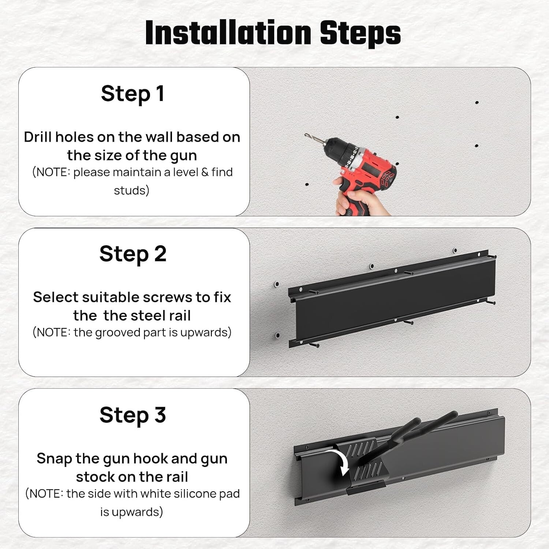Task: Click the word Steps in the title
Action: [x=360, y=33]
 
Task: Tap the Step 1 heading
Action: [x=132, y=94]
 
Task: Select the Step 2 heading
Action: [x=132, y=254]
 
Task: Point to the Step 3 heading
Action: [x=132, y=415]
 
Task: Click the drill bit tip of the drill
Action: [x=306, y=135]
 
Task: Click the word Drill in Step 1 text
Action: [x=38, y=137]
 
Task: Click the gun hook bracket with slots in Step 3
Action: [x=362, y=465]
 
